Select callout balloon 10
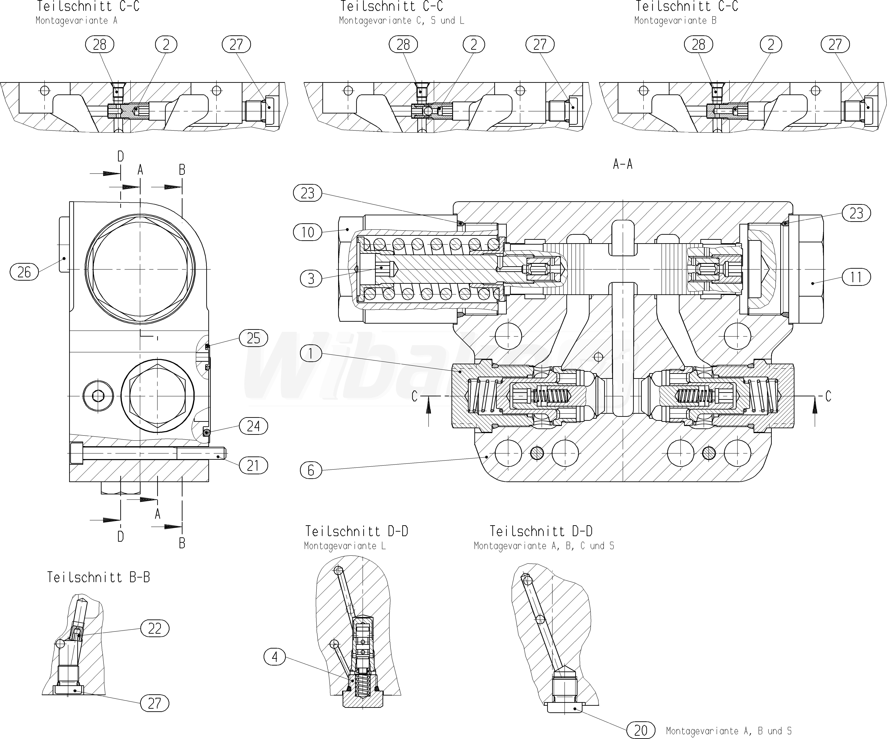click(x=307, y=232)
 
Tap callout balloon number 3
click(x=311, y=279)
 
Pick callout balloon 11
click(x=856, y=278)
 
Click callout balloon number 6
click(x=311, y=470)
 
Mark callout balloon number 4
click(x=275, y=657)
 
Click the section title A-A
click(x=623, y=164)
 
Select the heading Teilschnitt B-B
click(x=98, y=577)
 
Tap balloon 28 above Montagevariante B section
click(x=698, y=44)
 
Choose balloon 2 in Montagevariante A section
click(x=166, y=44)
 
